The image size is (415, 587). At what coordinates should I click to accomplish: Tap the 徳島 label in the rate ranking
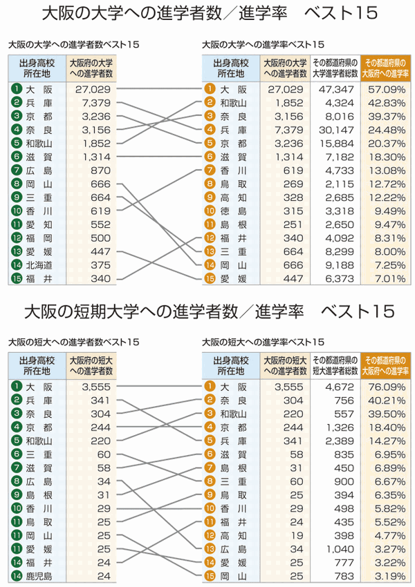click(233, 211)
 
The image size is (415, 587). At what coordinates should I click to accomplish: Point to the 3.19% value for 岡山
click(389, 575)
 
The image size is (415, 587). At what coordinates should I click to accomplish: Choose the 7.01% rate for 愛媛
click(389, 278)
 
